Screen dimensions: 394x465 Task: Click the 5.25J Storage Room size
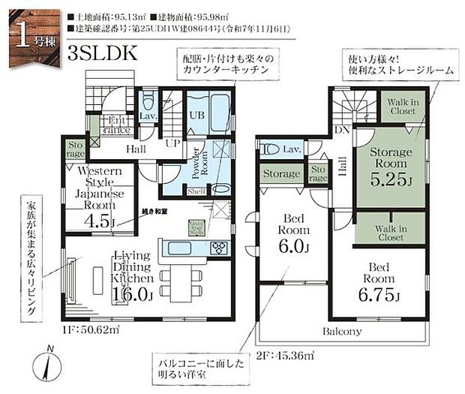tap(391, 179)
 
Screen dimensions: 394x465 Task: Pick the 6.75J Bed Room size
tap(380, 296)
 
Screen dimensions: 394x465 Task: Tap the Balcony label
tap(343, 331)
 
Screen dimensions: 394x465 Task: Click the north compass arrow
tap(49, 366)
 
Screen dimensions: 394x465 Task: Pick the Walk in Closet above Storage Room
tap(402, 106)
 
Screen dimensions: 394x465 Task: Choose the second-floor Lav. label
tap(292, 149)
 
